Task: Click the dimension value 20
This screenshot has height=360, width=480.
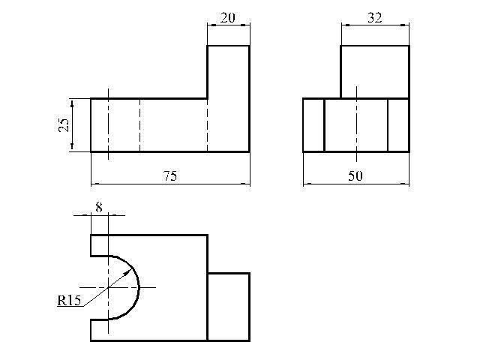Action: click(228, 17)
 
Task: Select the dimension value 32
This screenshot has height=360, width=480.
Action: click(375, 17)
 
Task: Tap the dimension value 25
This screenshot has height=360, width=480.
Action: click(64, 124)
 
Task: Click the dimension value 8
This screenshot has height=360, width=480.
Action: click(99, 205)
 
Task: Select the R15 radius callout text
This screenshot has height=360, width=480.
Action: click(69, 301)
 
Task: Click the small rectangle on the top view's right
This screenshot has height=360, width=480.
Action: click(228, 307)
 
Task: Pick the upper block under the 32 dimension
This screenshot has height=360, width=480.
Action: click(375, 71)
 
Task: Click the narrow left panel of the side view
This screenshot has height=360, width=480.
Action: click(313, 124)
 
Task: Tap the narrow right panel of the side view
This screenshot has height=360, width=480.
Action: click(398, 124)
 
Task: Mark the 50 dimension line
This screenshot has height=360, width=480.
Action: click(330, 183)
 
